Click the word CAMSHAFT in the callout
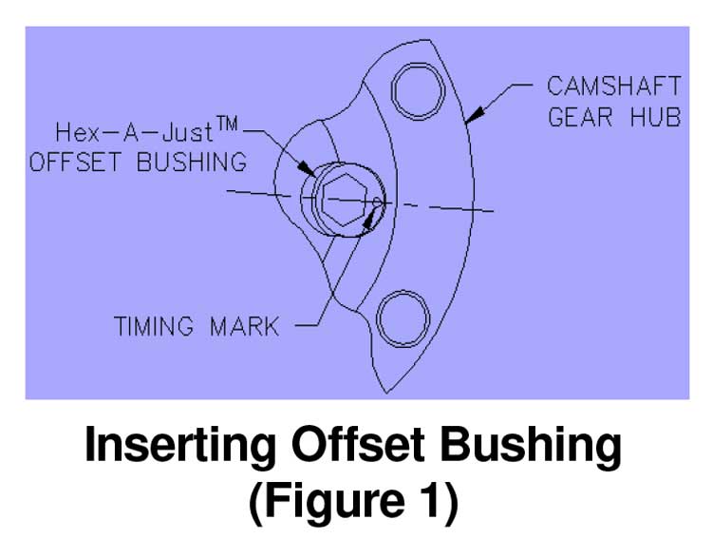613,86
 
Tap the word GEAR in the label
580,120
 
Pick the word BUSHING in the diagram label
192,162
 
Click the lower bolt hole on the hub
404,316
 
